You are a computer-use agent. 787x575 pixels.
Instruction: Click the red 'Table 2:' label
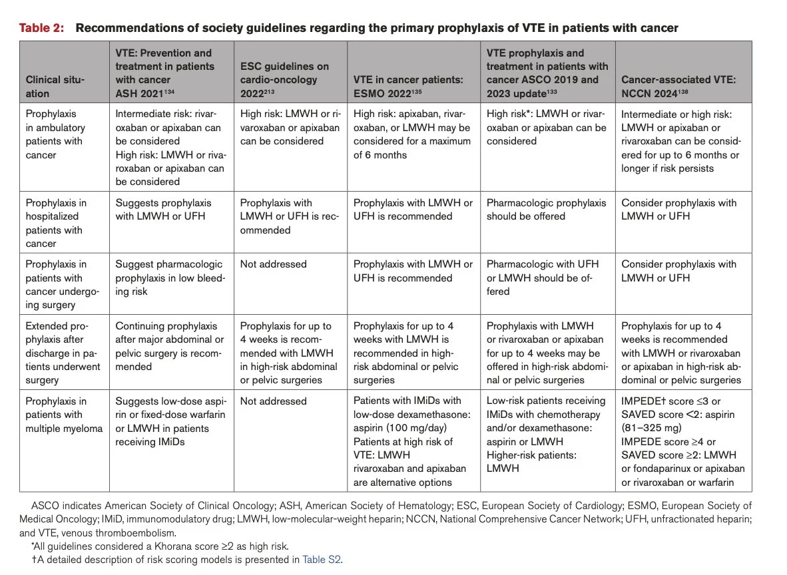(x=42, y=27)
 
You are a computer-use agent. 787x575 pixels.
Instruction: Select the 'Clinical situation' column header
(x=55, y=87)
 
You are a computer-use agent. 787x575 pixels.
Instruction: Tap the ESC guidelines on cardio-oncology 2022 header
(x=284, y=80)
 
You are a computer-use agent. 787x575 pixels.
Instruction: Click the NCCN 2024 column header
(x=678, y=87)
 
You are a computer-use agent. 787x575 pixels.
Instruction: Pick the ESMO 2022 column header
(x=408, y=87)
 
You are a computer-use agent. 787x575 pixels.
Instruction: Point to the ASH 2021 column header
(x=165, y=73)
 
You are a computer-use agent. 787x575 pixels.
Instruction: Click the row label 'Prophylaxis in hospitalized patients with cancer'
(x=56, y=223)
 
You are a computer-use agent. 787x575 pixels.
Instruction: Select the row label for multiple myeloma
(x=64, y=415)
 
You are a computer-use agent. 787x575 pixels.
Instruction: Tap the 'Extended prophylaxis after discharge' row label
(x=63, y=353)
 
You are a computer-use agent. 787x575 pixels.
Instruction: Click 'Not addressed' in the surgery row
(x=273, y=264)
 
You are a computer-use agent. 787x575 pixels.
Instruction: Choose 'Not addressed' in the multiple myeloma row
(x=273, y=401)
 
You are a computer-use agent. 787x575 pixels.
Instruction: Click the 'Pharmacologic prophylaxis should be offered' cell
(x=546, y=209)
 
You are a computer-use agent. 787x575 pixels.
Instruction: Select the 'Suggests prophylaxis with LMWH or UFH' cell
(x=163, y=209)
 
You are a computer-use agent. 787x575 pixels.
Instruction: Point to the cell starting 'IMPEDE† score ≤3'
(x=683, y=441)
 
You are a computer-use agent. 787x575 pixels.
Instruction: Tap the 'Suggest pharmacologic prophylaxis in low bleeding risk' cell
(x=170, y=278)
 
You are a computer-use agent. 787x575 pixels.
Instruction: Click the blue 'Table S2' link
(x=321, y=560)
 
